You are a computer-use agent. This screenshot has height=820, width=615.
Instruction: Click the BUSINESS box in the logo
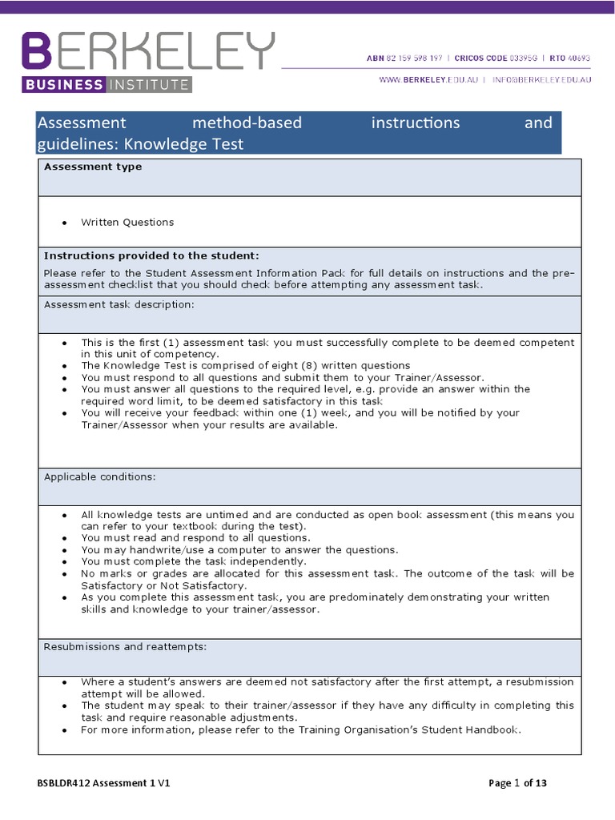(63, 84)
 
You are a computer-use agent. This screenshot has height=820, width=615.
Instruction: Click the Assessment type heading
(92, 167)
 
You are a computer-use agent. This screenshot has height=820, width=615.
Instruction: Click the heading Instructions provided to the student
(151, 255)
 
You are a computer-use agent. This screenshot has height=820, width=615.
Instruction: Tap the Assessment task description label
(119, 304)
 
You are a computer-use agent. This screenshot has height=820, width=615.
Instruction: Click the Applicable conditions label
(99, 476)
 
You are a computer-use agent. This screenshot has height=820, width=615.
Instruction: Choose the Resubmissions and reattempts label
(125, 646)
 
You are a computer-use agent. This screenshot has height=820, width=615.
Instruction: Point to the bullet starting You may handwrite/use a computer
(239, 550)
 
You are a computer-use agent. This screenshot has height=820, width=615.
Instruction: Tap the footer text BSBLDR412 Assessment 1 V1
(103, 784)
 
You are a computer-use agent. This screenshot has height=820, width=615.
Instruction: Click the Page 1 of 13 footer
(518, 784)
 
